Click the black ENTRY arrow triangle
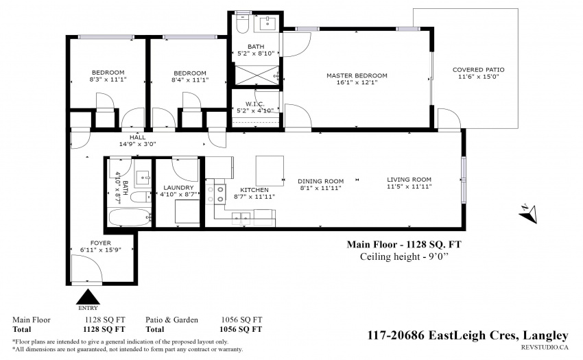[x=88, y=297]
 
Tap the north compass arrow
[x=528, y=213]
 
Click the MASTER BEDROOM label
[x=357, y=75]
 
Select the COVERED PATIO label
[x=479, y=69]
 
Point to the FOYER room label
[x=100, y=243]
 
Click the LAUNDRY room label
[x=178, y=187]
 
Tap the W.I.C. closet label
[x=255, y=104]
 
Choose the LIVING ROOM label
[x=409, y=180]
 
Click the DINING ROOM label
[x=320, y=181]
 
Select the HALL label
[x=138, y=137]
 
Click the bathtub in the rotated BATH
[x=130, y=217]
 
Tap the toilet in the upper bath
[x=242, y=23]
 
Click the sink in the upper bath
[x=267, y=24]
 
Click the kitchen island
[x=270, y=171]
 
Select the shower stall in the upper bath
[x=257, y=75]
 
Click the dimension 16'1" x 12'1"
[x=357, y=82]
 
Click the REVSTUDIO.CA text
[x=545, y=348]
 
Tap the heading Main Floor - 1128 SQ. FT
[x=404, y=244]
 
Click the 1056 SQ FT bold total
[x=241, y=329]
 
